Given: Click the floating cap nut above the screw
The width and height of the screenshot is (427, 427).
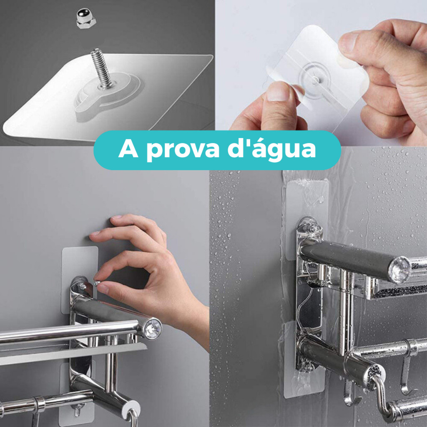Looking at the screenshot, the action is coord(86,18).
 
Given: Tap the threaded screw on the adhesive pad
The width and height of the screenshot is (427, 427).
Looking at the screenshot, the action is coord(101,68).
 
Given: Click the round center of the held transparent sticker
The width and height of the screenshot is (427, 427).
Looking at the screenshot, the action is coord(315,79).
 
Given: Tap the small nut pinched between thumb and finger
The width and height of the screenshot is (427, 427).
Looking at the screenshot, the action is coord(97,283).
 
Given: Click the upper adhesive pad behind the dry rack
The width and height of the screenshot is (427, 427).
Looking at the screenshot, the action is coord(80,279).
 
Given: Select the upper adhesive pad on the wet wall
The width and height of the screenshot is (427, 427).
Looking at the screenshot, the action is coord(306,218).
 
